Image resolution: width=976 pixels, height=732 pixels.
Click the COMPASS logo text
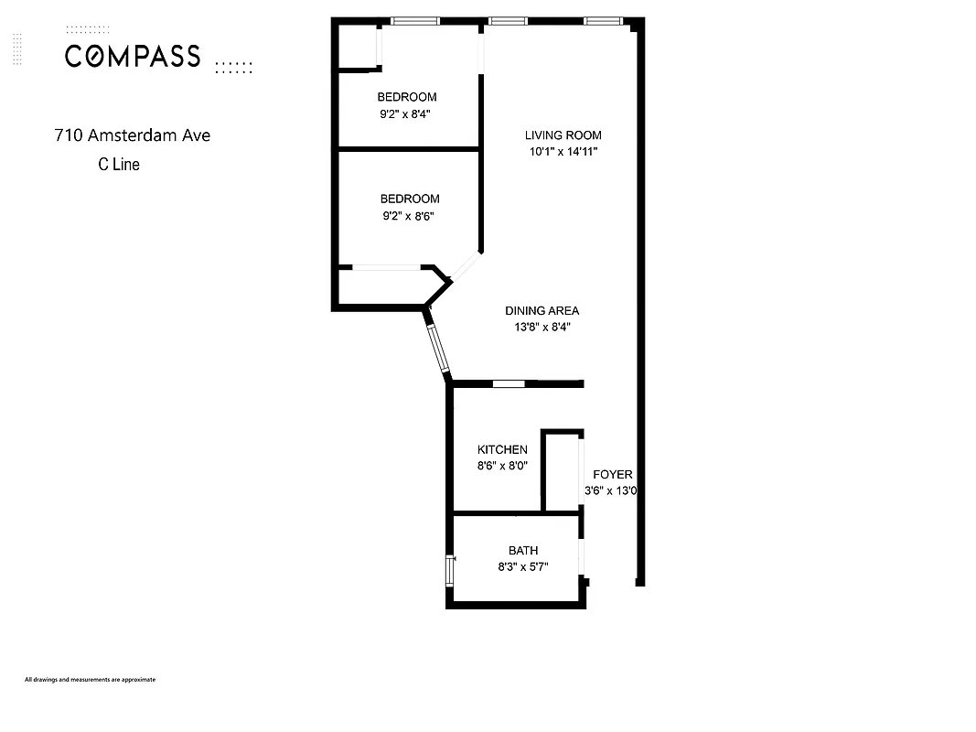tap(133, 57)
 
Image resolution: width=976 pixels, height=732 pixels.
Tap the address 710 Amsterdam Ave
tap(132, 135)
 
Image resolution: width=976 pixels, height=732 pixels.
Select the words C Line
tap(119, 165)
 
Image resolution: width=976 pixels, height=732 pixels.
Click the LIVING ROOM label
tap(563, 135)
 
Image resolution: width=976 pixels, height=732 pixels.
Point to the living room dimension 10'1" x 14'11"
tap(563, 152)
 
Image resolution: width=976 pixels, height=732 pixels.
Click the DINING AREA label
tap(542, 310)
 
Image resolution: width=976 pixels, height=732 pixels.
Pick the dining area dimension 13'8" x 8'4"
tap(542, 327)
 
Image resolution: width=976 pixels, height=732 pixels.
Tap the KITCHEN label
tap(502, 449)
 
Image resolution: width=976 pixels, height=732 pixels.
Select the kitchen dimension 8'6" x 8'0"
tap(502, 466)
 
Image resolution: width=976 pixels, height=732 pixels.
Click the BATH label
tap(523, 550)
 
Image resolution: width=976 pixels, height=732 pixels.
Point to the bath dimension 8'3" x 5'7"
tap(523, 566)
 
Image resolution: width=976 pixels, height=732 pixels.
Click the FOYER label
tap(612, 474)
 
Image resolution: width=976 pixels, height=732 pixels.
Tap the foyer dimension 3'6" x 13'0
tap(610, 490)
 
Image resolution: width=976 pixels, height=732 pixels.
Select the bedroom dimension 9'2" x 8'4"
tap(407, 114)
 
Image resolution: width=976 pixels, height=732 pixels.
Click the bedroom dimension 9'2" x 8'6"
tap(410, 216)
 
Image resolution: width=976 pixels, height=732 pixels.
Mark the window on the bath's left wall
tap(449, 569)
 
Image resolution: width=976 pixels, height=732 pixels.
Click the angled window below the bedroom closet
tap(437, 345)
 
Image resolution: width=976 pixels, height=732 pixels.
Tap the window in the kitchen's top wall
tap(509, 383)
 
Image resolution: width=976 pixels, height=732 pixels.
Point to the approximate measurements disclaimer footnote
tap(90, 680)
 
